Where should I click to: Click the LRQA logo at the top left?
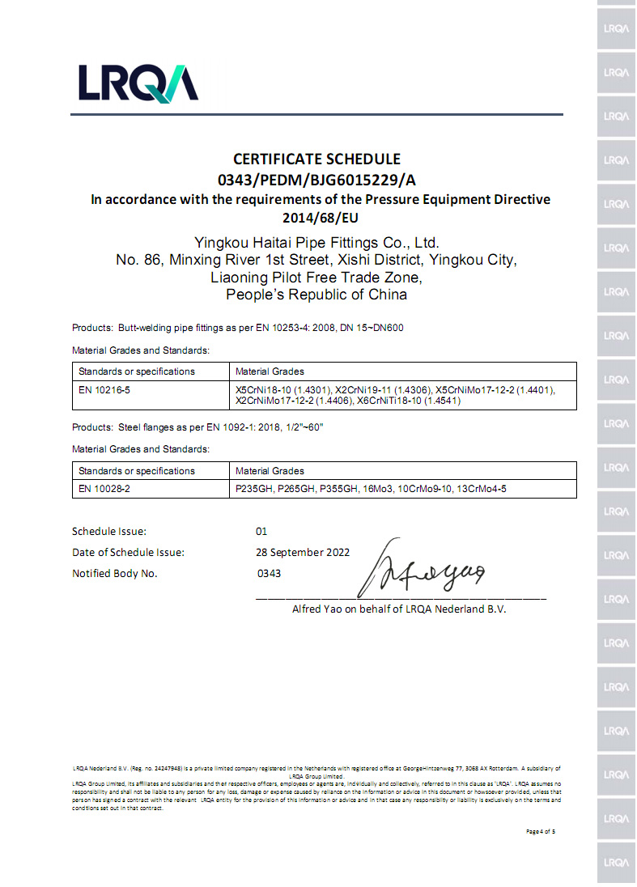(138, 83)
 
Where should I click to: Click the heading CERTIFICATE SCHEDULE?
(316, 159)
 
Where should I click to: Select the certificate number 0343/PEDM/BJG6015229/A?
(316, 179)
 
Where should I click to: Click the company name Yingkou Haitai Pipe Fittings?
(316, 242)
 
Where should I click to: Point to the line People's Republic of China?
(316, 295)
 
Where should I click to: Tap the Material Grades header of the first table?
(270, 371)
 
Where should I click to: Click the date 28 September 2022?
(303, 552)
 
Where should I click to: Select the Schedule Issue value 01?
(261, 532)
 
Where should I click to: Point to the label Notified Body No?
(115, 573)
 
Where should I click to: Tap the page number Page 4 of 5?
(540, 831)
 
